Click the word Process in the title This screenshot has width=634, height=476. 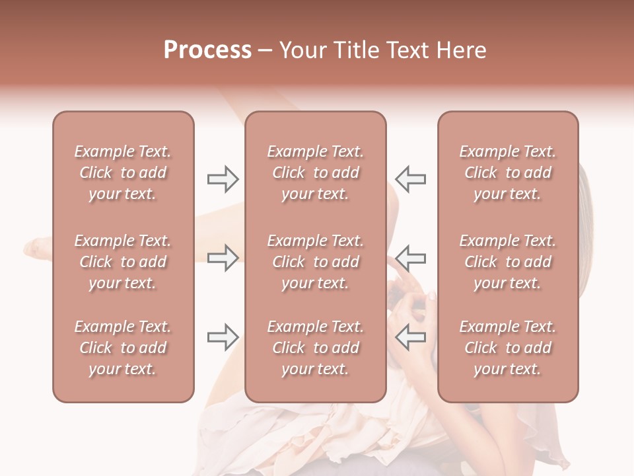207,50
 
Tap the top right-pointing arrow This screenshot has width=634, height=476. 223,179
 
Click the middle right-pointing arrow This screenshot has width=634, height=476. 223,258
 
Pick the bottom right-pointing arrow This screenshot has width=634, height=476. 223,338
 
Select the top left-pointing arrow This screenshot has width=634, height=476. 410,179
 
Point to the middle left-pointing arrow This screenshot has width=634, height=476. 410,258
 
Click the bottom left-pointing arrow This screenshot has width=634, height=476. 410,338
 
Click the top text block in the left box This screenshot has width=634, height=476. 123,173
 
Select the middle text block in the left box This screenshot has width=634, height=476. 123,262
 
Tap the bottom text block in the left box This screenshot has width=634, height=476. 123,348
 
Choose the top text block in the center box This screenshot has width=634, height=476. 315,173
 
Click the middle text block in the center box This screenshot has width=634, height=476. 315,262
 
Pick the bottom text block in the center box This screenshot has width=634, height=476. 315,348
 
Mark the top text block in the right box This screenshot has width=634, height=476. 507,173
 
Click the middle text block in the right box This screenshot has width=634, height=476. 507,262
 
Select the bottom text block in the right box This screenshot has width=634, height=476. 507,348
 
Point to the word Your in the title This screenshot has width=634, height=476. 302,50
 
